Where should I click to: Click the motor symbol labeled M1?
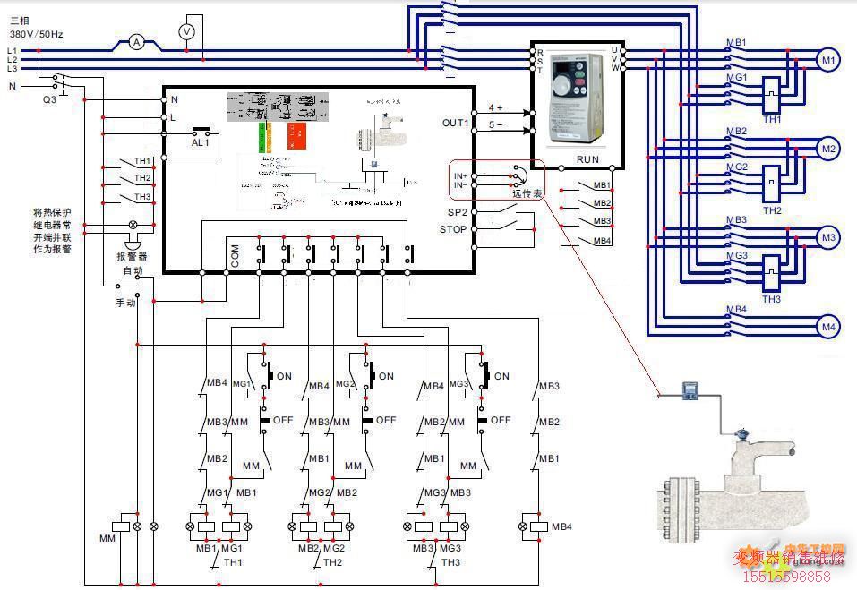[x=828, y=60]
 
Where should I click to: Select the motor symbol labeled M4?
[x=828, y=328]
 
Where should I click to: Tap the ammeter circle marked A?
[x=136, y=42]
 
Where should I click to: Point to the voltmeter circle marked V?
[x=187, y=30]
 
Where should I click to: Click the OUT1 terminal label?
[x=456, y=123]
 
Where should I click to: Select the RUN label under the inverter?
[x=587, y=159]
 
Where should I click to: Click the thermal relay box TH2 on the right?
[x=771, y=187]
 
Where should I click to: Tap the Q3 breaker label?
[x=49, y=100]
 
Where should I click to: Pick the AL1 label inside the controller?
[x=201, y=141]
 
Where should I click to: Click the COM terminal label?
[x=235, y=259]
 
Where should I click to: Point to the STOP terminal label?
[x=453, y=229]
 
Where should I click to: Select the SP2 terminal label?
[x=457, y=212]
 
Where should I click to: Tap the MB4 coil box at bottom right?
[x=538, y=526]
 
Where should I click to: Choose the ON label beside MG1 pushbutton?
[x=284, y=376]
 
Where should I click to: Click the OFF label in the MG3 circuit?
[x=501, y=420]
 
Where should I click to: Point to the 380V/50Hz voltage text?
[x=36, y=33]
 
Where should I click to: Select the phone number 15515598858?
[x=787, y=577]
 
